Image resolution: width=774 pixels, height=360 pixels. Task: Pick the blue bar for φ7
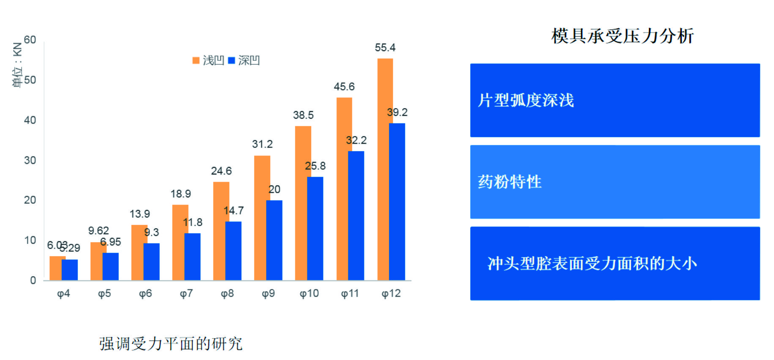click(193, 256)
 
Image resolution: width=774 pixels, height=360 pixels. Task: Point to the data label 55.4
click(385, 48)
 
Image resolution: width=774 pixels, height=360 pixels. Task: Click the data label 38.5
click(303, 115)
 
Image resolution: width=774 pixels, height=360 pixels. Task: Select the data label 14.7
click(234, 210)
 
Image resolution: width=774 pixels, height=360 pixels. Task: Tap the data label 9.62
click(98, 231)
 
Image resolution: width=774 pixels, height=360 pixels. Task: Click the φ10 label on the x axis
click(309, 294)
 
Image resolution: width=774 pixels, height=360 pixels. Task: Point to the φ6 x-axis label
click(145, 294)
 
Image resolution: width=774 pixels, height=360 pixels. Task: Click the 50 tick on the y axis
click(30, 80)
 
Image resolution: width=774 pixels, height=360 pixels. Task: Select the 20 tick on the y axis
click(30, 200)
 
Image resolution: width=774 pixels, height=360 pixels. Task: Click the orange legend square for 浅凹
click(196, 60)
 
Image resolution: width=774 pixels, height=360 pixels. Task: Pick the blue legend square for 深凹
click(231, 60)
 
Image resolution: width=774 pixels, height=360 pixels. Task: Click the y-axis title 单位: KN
click(17, 64)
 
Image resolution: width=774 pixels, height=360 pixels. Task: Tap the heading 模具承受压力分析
click(622, 36)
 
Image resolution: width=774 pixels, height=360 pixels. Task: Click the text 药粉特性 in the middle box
click(510, 182)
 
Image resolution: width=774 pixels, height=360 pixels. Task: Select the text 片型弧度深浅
click(526, 101)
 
